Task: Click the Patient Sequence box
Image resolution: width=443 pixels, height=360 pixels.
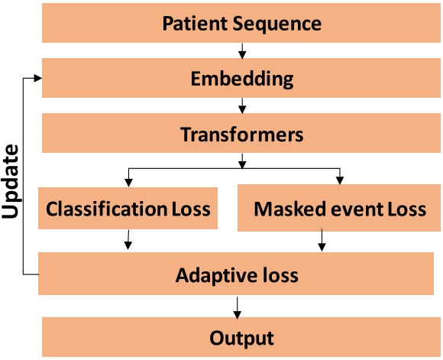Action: click(241, 23)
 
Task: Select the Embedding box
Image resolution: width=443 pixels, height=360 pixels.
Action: click(241, 79)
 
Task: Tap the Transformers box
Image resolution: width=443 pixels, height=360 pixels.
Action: click(241, 135)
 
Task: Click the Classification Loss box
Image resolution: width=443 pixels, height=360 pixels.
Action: click(128, 208)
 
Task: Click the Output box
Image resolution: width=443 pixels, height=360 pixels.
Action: click(241, 337)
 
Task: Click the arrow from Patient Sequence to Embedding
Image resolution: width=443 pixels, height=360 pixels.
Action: click(242, 51)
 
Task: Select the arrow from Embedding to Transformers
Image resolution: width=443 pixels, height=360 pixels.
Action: click(242, 106)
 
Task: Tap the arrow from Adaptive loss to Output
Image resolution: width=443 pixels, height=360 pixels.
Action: click(242, 306)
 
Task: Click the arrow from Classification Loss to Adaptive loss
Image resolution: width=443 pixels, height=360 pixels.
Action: click(127, 242)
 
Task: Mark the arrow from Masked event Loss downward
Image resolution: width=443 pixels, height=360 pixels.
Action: click(322, 242)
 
